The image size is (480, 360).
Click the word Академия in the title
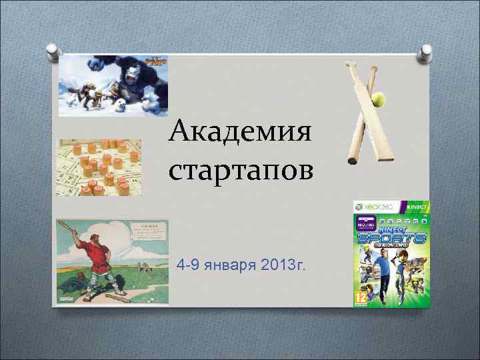pos(239,132)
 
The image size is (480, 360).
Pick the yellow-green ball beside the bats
pos(379,99)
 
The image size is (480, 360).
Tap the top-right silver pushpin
pos(425,52)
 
